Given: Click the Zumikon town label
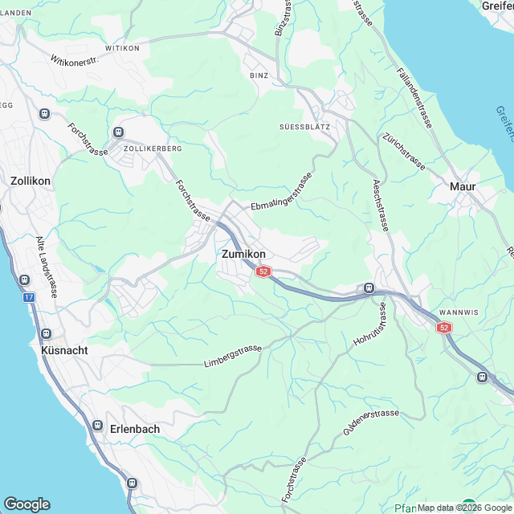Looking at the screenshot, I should tap(243, 254).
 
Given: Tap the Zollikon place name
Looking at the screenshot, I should tap(30, 181).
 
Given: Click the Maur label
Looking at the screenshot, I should tap(463, 186).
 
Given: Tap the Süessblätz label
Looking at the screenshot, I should tap(304, 127).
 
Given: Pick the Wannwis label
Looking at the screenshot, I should tap(459, 312).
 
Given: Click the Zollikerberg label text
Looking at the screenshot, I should tap(153, 149).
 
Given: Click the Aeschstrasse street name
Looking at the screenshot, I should tap(380, 206).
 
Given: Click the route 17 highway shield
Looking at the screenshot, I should tap(29, 297).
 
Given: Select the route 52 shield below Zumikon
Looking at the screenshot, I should tap(263, 272).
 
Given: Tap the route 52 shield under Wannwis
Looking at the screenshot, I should tap(444, 328).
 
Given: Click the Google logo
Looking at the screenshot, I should tap(27, 504).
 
